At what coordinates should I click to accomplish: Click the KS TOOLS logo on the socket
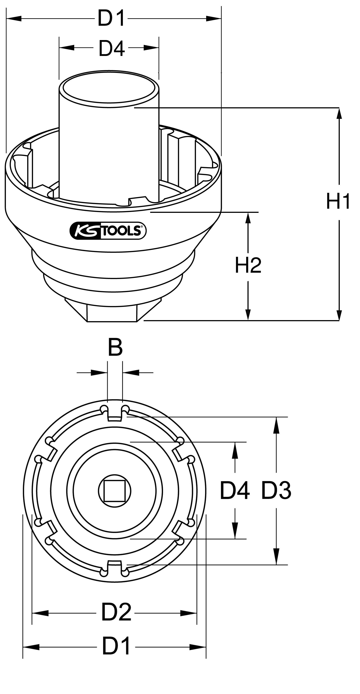(108, 231)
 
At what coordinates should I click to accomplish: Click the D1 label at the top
(111, 18)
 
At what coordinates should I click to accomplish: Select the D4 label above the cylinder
(112, 49)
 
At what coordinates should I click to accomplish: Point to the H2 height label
(248, 265)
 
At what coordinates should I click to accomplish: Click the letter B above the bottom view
(115, 348)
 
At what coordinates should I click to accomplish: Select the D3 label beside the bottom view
(276, 491)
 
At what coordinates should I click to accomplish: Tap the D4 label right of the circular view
(235, 491)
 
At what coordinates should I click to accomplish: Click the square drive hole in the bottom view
(114, 491)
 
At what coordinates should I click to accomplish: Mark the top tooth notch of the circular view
(115, 414)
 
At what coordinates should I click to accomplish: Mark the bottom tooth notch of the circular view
(114, 566)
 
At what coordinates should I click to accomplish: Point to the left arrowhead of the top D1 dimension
(13, 18)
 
